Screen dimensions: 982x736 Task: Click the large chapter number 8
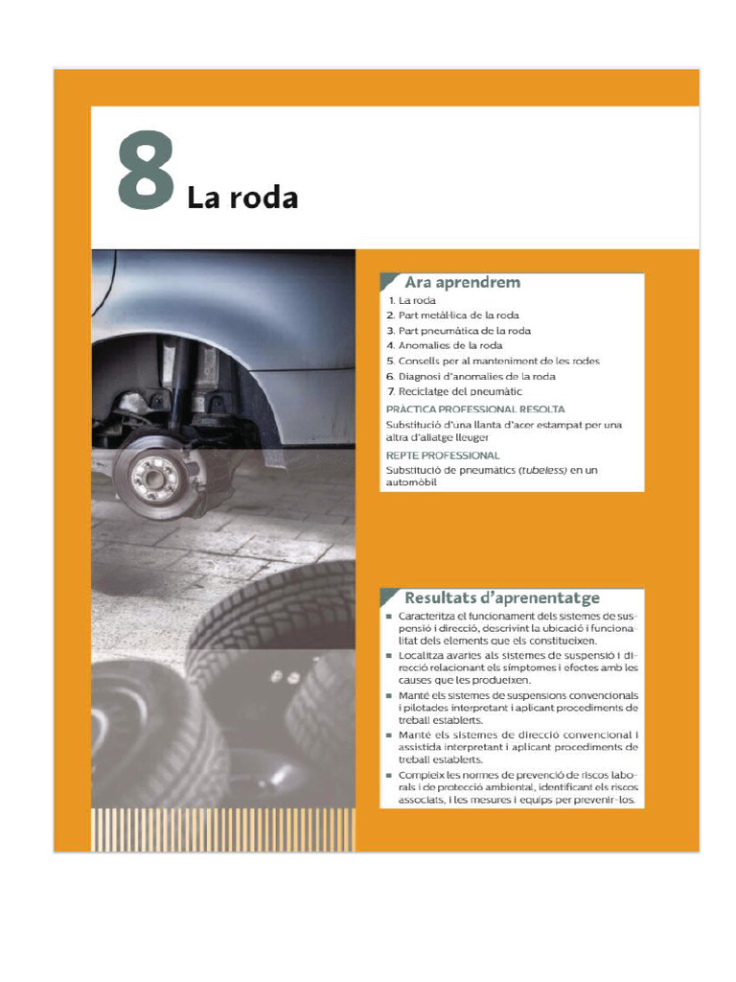[147, 171]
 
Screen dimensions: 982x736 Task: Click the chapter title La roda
[242, 199]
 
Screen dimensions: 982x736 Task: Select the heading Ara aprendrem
[462, 282]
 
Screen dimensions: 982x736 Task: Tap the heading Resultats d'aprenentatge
[502, 596]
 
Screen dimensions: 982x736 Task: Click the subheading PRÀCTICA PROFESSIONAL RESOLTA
[474, 409]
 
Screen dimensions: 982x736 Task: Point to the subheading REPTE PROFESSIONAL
[442, 455]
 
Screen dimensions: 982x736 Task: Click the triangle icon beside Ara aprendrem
[389, 281]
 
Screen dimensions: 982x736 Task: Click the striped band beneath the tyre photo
[222, 829]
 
